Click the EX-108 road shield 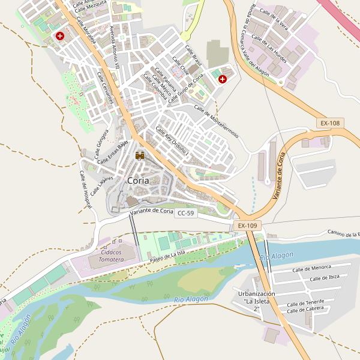[330, 123]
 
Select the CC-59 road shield [186, 213]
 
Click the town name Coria [138, 180]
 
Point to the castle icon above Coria [140, 156]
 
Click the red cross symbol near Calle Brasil [223, 79]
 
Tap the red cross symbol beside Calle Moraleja [60, 36]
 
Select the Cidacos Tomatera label [106, 256]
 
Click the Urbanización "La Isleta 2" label [256, 301]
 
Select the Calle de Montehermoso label [216, 121]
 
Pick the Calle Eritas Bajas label [113, 152]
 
